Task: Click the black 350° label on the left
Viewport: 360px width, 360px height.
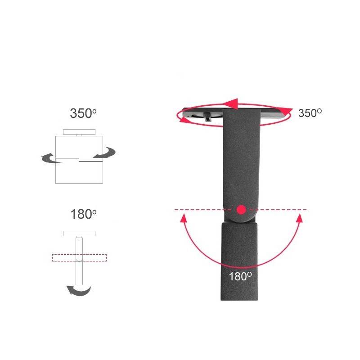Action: coord(83,113)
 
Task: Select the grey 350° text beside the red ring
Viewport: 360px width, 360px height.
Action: coord(310,113)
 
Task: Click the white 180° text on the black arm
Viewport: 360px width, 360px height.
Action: coord(239,276)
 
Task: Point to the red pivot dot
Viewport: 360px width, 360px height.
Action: coord(242,209)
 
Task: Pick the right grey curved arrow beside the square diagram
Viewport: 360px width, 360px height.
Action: coord(104,153)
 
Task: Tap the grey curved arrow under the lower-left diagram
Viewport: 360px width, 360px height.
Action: coord(79,291)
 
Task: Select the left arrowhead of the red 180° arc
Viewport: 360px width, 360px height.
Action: coord(183,219)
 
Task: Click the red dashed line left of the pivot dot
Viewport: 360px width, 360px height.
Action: coord(198,210)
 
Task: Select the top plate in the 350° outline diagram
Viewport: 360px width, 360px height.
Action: coord(79,131)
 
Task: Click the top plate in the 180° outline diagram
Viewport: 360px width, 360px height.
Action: coord(79,233)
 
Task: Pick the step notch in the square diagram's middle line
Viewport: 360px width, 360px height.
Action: coord(79,159)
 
